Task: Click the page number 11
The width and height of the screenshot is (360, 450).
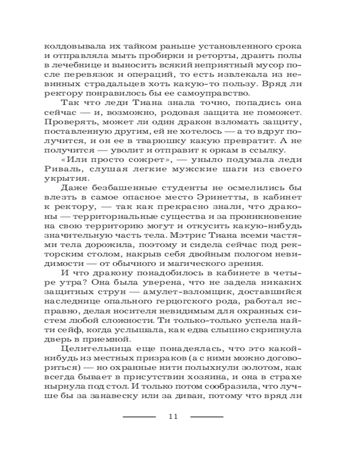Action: click(x=173, y=416)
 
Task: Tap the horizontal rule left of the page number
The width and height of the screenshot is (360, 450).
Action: click(x=139, y=417)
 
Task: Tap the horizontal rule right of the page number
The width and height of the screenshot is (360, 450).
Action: click(x=207, y=417)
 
